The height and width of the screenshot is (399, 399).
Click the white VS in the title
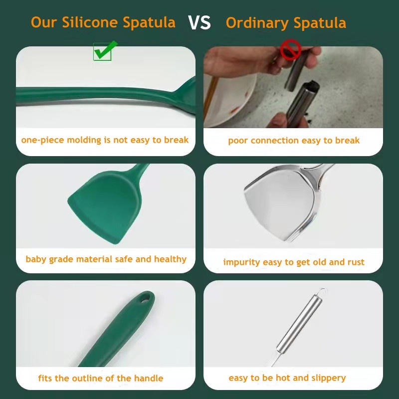point(199,22)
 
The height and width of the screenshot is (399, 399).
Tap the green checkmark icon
point(105,51)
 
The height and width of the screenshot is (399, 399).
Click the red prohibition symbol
point(290,49)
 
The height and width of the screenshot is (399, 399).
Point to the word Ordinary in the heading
point(257,23)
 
